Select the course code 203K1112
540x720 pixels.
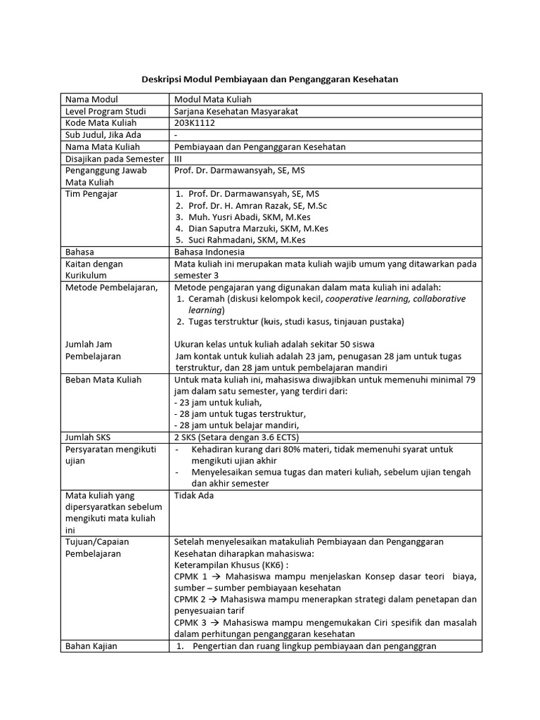click(195, 123)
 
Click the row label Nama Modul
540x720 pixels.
click(91, 99)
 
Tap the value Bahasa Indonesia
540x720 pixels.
click(210, 252)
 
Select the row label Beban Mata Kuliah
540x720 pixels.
click(103, 380)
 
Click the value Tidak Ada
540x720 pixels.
click(193, 495)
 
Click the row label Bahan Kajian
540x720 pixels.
click(91, 645)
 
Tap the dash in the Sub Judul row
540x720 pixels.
click(176, 135)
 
